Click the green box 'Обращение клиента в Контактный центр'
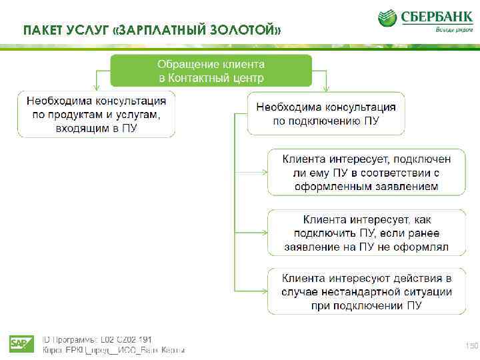[x=211, y=71]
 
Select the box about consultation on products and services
[x=97, y=114]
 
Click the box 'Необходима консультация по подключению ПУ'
[x=326, y=114]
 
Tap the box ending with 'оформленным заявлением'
[x=367, y=173]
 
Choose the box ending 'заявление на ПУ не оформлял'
[x=367, y=233]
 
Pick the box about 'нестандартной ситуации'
[x=367, y=292]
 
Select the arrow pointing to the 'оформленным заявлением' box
[x=263, y=173]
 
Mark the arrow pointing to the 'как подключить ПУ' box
[x=263, y=233]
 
